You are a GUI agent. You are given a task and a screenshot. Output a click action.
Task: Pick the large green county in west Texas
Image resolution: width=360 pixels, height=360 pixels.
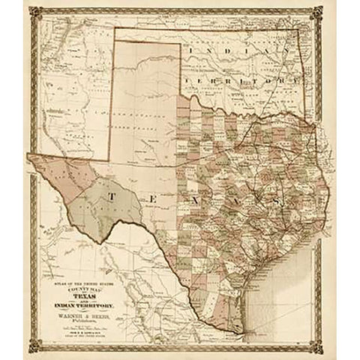(112, 199)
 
